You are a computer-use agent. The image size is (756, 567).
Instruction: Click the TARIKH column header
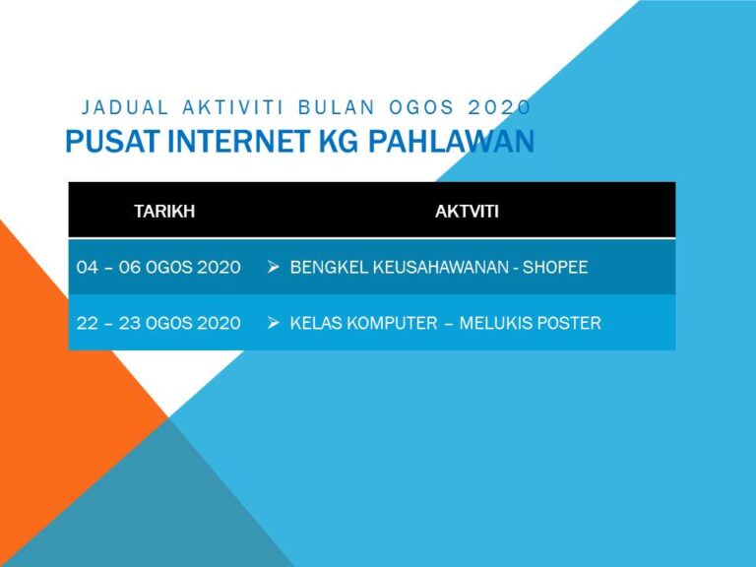coord(164,210)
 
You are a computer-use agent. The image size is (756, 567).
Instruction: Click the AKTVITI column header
coord(467,210)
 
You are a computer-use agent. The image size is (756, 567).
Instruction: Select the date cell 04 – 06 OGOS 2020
coord(158,267)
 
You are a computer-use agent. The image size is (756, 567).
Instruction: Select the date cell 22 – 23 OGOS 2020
coord(158,323)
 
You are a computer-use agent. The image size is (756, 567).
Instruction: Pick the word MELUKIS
coord(500,323)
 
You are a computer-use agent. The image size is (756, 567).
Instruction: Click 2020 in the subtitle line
coord(499,106)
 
